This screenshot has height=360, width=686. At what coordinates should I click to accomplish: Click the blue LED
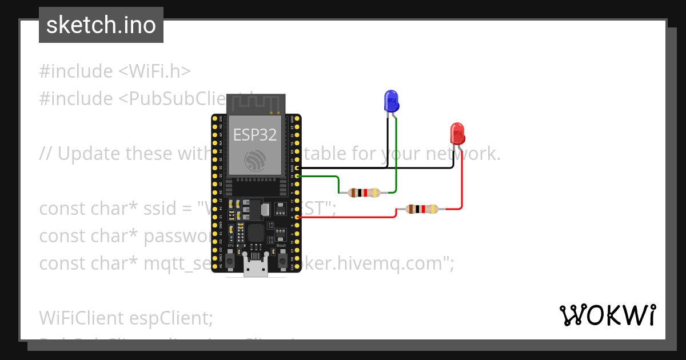tap(391, 101)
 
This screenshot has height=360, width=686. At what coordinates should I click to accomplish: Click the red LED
tap(457, 134)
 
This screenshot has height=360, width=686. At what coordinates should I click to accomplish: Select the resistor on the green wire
tap(364, 193)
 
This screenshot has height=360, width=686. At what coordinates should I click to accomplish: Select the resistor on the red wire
tap(421, 209)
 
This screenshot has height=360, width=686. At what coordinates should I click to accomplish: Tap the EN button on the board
tap(230, 260)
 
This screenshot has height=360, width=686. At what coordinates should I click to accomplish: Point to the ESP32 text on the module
tap(255, 135)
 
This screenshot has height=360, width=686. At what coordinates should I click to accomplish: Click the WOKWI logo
tap(607, 315)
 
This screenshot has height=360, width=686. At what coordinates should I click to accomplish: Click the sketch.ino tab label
tap(101, 25)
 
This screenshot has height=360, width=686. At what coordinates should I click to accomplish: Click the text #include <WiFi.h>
tap(115, 71)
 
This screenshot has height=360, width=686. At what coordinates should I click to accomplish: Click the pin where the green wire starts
tap(296, 177)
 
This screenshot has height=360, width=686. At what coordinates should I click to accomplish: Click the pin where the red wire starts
tap(296, 217)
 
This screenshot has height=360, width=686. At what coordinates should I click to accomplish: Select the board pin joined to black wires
tap(296, 169)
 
